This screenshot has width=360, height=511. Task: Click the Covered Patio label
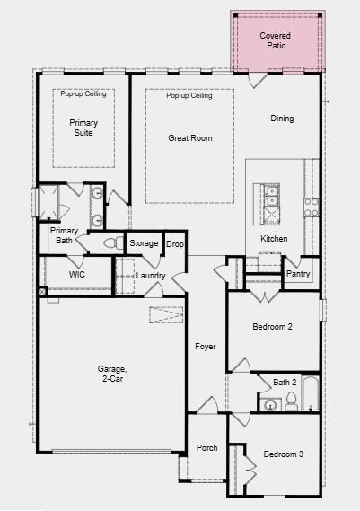[x=276, y=40]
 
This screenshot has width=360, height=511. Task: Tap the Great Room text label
[x=189, y=138]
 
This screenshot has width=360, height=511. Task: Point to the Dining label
[x=282, y=119]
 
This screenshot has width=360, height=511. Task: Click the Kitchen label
[x=274, y=239]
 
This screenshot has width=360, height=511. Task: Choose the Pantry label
[x=297, y=275]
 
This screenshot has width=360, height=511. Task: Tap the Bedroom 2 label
[x=271, y=328]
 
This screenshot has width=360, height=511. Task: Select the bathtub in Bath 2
[x=310, y=393]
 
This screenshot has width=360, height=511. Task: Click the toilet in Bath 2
[x=291, y=402]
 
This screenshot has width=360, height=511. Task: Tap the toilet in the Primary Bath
[x=113, y=243]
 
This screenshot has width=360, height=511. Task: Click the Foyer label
[x=206, y=347]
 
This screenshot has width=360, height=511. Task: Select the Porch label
[x=206, y=448]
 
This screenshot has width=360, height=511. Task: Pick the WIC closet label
[x=77, y=274]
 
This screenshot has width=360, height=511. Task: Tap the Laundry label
[x=151, y=275]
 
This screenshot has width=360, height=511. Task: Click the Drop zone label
[x=175, y=244]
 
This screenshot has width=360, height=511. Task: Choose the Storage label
[x=144, y=243]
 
